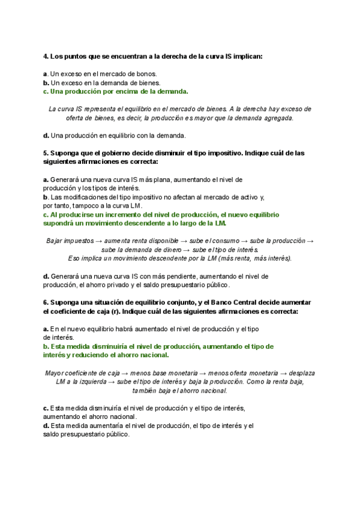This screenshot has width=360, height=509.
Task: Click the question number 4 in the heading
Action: (x=45, y=56)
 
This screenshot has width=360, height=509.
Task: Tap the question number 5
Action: (x=45, y=153)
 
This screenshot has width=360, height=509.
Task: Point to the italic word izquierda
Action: (x=91, y=382)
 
